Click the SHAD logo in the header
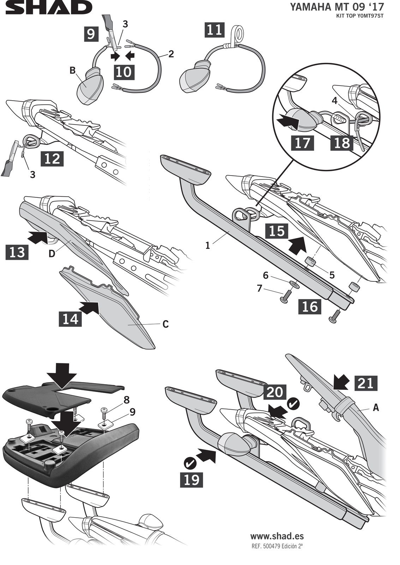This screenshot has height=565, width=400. click(48, 7)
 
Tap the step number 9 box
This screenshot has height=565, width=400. click(91, 34)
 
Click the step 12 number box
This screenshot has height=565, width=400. click(52, 159)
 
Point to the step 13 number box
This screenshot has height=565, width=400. click(17, 252)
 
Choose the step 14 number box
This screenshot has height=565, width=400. click(70, 319)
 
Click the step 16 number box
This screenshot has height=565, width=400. click(310, 306)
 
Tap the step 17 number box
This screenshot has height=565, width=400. click(302, 143)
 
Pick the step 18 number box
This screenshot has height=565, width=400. click(342, 143)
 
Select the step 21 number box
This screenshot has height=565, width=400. click(366, 383)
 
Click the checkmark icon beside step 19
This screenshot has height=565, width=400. click(190, 462)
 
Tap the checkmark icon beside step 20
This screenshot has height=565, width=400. click(293, 404)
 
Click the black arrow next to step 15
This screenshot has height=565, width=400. click(298, 245)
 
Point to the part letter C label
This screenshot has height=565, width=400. click(165, 324)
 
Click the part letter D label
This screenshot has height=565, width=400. click(52, 254)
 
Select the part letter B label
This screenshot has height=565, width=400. click(73, 71)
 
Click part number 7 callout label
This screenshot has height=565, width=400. click(259, 289)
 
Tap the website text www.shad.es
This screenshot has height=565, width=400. click(277, 536)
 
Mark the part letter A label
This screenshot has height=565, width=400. click(376, 408)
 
